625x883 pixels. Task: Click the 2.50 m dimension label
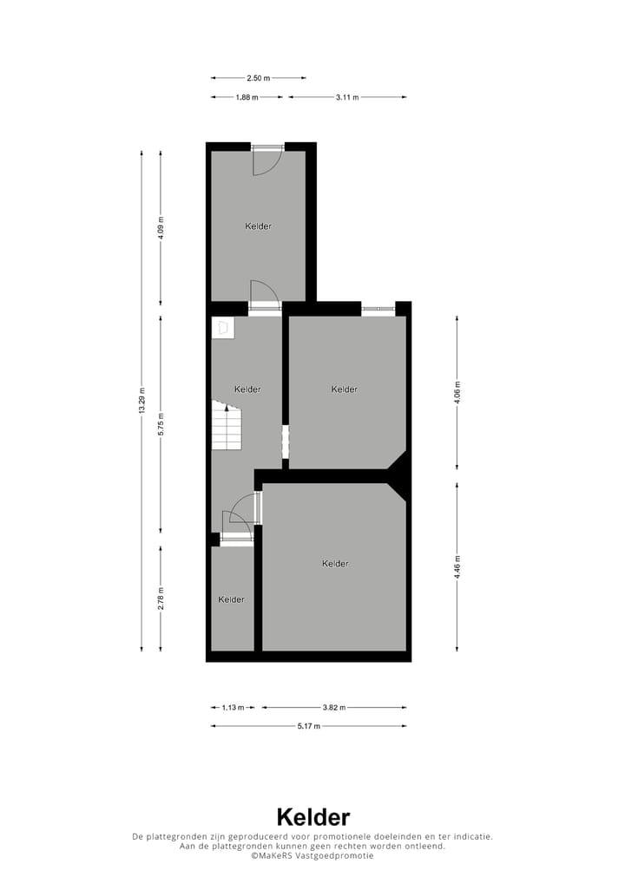point(257,78)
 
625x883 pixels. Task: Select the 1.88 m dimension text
point(247,97)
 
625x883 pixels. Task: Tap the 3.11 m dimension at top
point(347,97)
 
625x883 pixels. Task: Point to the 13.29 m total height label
point(142,401)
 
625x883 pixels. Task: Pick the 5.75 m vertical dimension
point(161,423)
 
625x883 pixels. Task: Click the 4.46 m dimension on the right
point(457,566)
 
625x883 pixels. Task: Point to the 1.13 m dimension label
point(233,708)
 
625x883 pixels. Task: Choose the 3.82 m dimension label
point(334,708)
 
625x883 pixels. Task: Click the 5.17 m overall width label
point(309,726)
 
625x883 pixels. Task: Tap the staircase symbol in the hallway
point(227,427)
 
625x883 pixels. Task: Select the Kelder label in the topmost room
point(259,226)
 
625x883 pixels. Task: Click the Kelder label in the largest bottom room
point(335,564)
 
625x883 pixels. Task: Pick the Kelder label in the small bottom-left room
point(231,599)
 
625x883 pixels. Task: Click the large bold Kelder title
point(312,817)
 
